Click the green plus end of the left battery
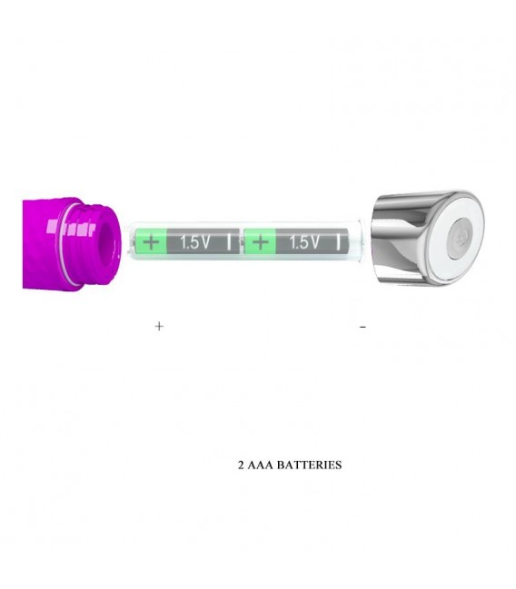coord(151,242)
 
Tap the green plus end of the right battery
coord(260,242)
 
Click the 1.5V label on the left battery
coord(194,242)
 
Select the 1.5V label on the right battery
coord(304,242)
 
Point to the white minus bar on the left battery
coord(229,242)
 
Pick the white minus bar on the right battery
coord(338,242)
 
